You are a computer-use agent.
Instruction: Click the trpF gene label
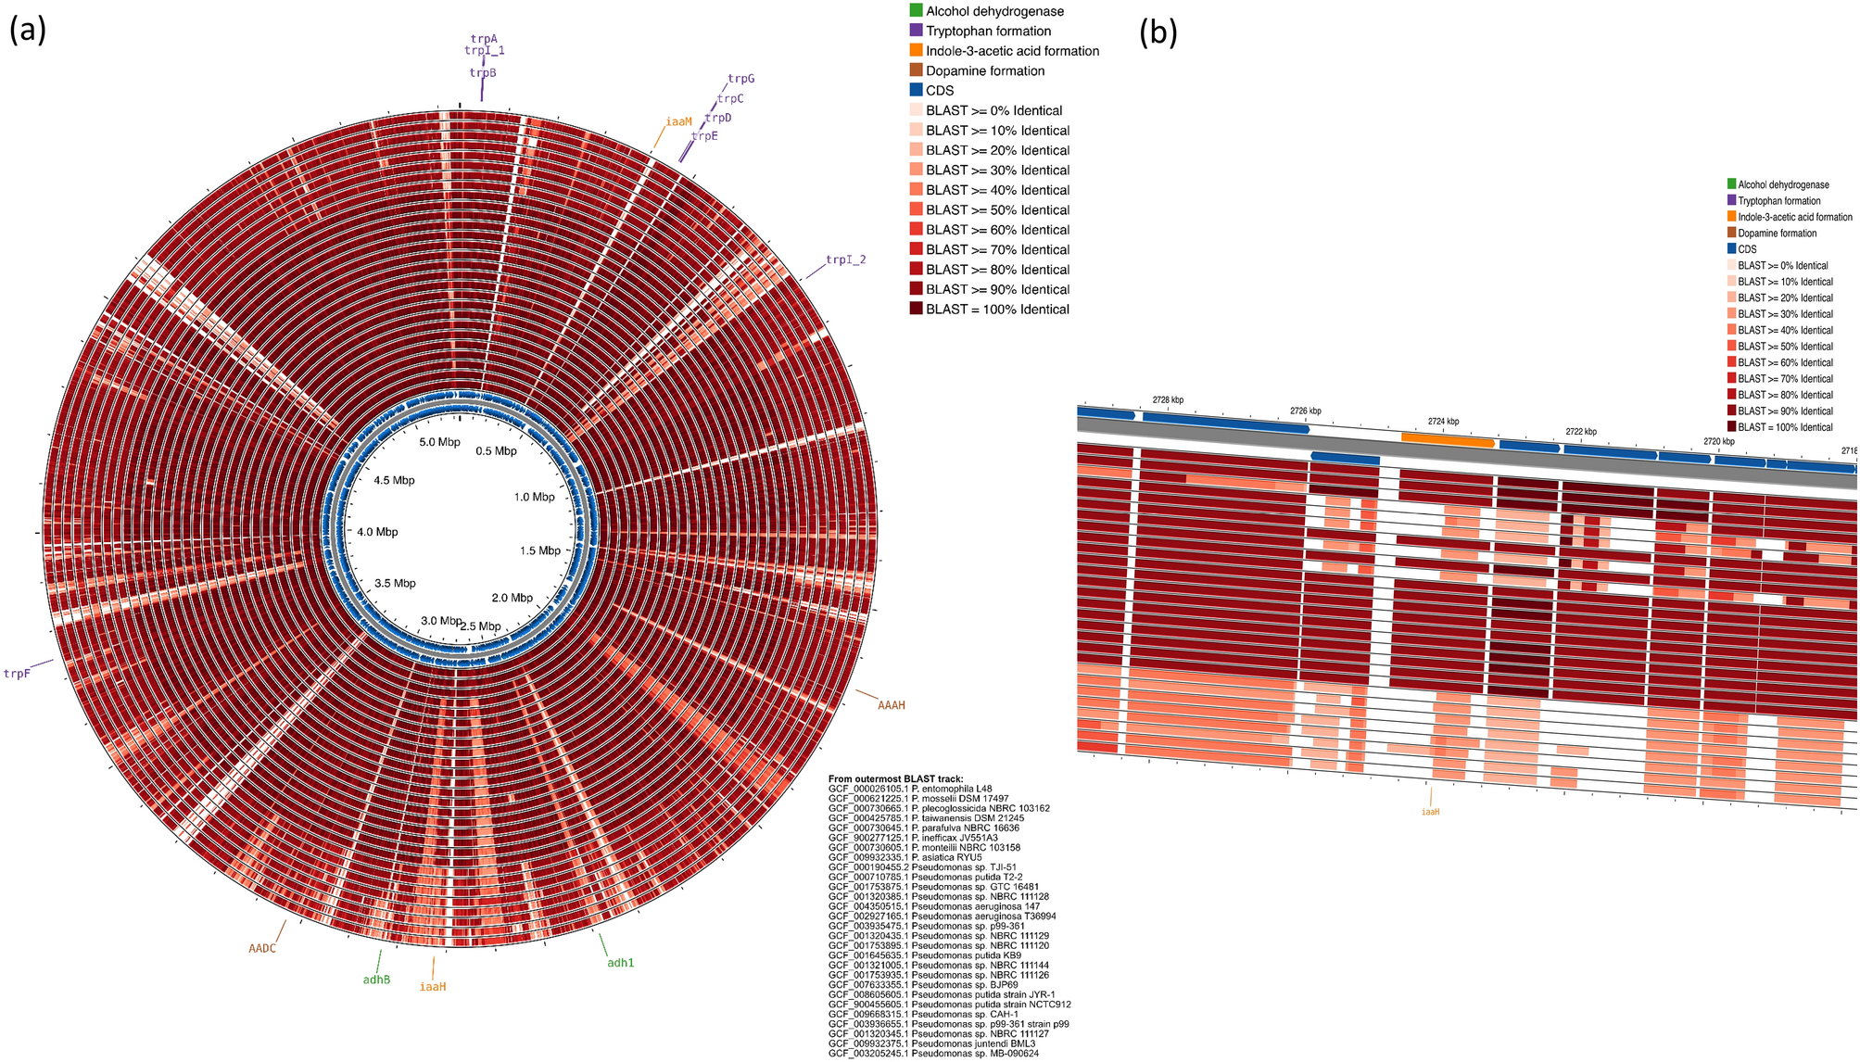(17, 674)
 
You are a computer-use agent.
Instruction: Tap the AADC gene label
(262, 948)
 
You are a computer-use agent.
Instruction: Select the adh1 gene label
(620, 963)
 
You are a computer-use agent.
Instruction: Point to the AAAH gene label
(891, 705)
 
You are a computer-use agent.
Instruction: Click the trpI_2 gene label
(845, 259)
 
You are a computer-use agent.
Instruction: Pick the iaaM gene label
(678, 121)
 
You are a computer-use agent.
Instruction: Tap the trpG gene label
(740, 79)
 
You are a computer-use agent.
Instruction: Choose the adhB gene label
(376, 980)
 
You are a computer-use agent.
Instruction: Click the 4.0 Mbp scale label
(377, 532)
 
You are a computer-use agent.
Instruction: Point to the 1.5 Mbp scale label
(540, 550)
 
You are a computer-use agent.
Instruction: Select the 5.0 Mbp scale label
(439, 442)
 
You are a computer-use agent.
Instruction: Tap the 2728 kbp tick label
(1168, 400)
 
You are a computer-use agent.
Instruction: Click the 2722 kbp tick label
(1581, 432)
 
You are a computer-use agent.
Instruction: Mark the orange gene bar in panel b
(1448, 440)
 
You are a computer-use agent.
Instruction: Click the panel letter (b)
(1158, 33)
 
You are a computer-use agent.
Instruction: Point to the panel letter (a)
(27, 31)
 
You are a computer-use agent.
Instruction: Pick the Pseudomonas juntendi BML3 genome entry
(931, 1043)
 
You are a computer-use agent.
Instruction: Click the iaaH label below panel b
(1430, 812)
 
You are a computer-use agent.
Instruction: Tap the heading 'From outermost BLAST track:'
(895, 778)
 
